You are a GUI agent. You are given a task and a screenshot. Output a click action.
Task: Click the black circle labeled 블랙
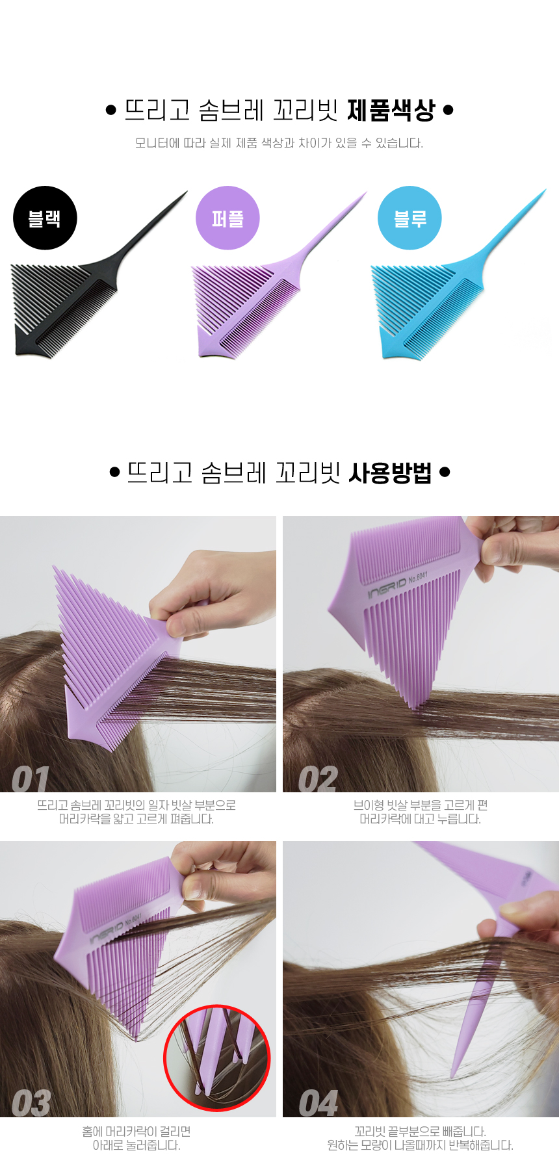pos(45,218)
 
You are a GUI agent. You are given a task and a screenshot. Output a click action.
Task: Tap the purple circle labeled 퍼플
pos(227,218)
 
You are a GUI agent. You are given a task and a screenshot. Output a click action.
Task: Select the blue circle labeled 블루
pos(409,218)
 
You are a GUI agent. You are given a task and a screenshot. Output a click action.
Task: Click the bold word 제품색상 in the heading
pos(391,110)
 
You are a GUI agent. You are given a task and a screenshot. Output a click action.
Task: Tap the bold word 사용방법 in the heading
pos(390,473)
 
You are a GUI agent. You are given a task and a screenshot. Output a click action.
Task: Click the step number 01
pos(31,779)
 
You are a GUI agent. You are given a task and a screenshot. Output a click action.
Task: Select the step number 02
pos(318,779)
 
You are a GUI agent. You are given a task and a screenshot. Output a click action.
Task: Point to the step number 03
pos(31,1103)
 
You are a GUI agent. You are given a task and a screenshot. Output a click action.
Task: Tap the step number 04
pos(318,1103)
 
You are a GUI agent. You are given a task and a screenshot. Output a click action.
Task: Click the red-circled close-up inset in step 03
pos(216,1058)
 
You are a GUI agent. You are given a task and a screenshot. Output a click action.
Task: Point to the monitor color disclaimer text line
pos(279,143)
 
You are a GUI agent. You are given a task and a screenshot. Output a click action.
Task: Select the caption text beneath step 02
pos(421,812)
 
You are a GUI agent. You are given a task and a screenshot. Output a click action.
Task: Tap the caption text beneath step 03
pos(136,1138)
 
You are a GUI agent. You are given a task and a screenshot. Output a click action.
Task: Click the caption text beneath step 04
pos(420,1138)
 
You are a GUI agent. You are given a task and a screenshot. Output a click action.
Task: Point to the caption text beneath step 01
pos(136,812)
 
